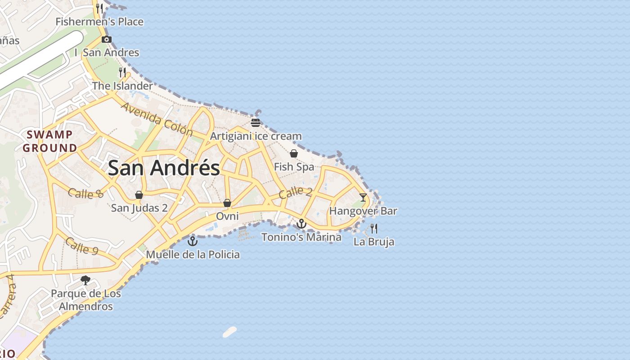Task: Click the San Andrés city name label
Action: point(164,168)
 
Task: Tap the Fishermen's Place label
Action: point(99,22)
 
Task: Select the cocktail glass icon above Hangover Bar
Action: point(363,197)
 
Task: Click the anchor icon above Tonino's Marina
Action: point(301,223)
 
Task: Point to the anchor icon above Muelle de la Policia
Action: point(193,241)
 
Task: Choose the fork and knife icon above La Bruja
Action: point(374,228)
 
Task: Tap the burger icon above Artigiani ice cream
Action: point(256,122)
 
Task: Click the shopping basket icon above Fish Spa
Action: point(294,153)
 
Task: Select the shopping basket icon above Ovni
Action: point(227,203)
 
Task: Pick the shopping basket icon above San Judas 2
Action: point(139,195)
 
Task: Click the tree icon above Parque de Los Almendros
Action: point(85,280)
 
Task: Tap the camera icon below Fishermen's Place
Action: point(107,39)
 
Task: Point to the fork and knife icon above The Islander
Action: point(122,72)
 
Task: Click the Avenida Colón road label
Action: point(157,119)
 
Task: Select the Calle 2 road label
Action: point(295,192)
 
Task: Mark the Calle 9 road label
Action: point(81,246)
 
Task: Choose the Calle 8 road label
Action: point(86,193)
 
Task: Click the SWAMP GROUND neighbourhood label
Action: point(50,141)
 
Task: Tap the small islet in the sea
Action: point(229,332)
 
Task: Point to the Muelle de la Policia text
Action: point(193,255)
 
